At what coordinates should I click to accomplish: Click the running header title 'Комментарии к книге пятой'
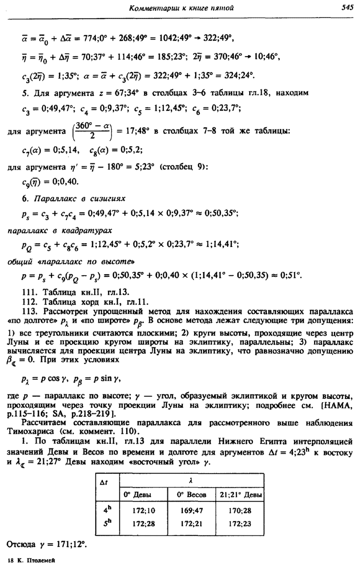tap(182, 7)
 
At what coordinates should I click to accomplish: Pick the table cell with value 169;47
tap(191, 511)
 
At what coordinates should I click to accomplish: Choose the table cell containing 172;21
tap(191, 523)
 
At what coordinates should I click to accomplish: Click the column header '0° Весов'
tap(191, 495)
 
